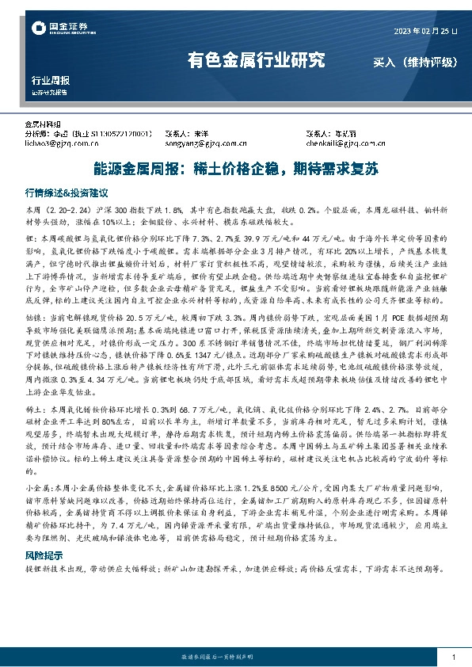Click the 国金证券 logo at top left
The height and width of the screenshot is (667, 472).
(56, 29)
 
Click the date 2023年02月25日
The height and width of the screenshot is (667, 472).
(425, 32)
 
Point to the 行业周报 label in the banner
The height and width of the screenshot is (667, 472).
(50, 81)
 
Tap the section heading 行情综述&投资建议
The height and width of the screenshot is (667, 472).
(66, 192)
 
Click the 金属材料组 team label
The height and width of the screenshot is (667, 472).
(44, 124)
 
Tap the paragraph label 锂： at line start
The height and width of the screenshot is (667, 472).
(32, 238)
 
